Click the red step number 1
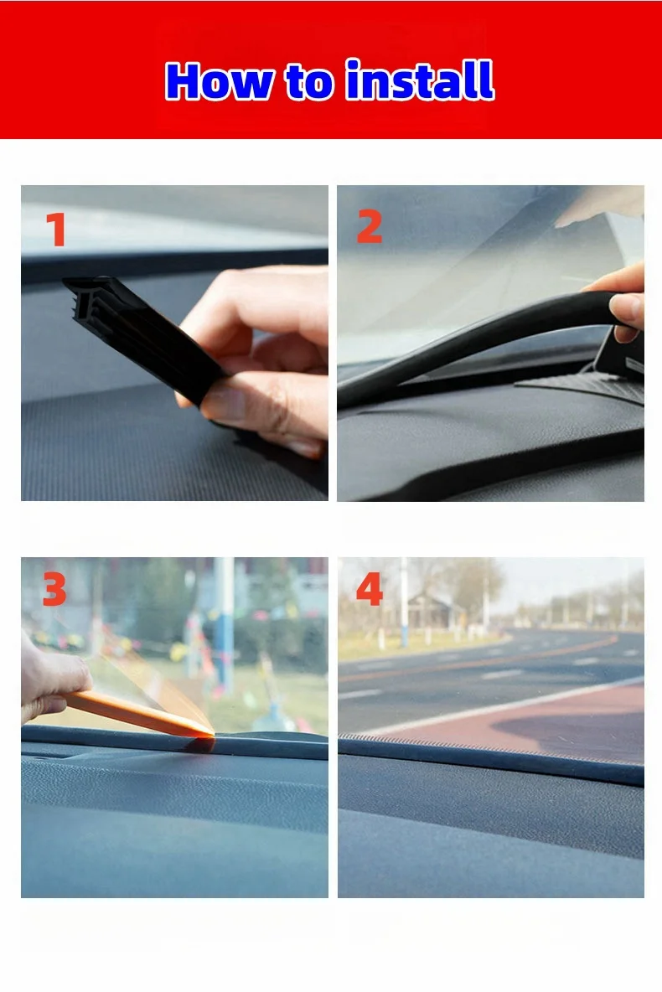(x=55, y=230)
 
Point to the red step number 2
(x=369, y=227)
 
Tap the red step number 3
(x=54, y=590)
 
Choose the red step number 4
(x=370, y=590)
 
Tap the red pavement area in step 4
(x=545, y=721)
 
